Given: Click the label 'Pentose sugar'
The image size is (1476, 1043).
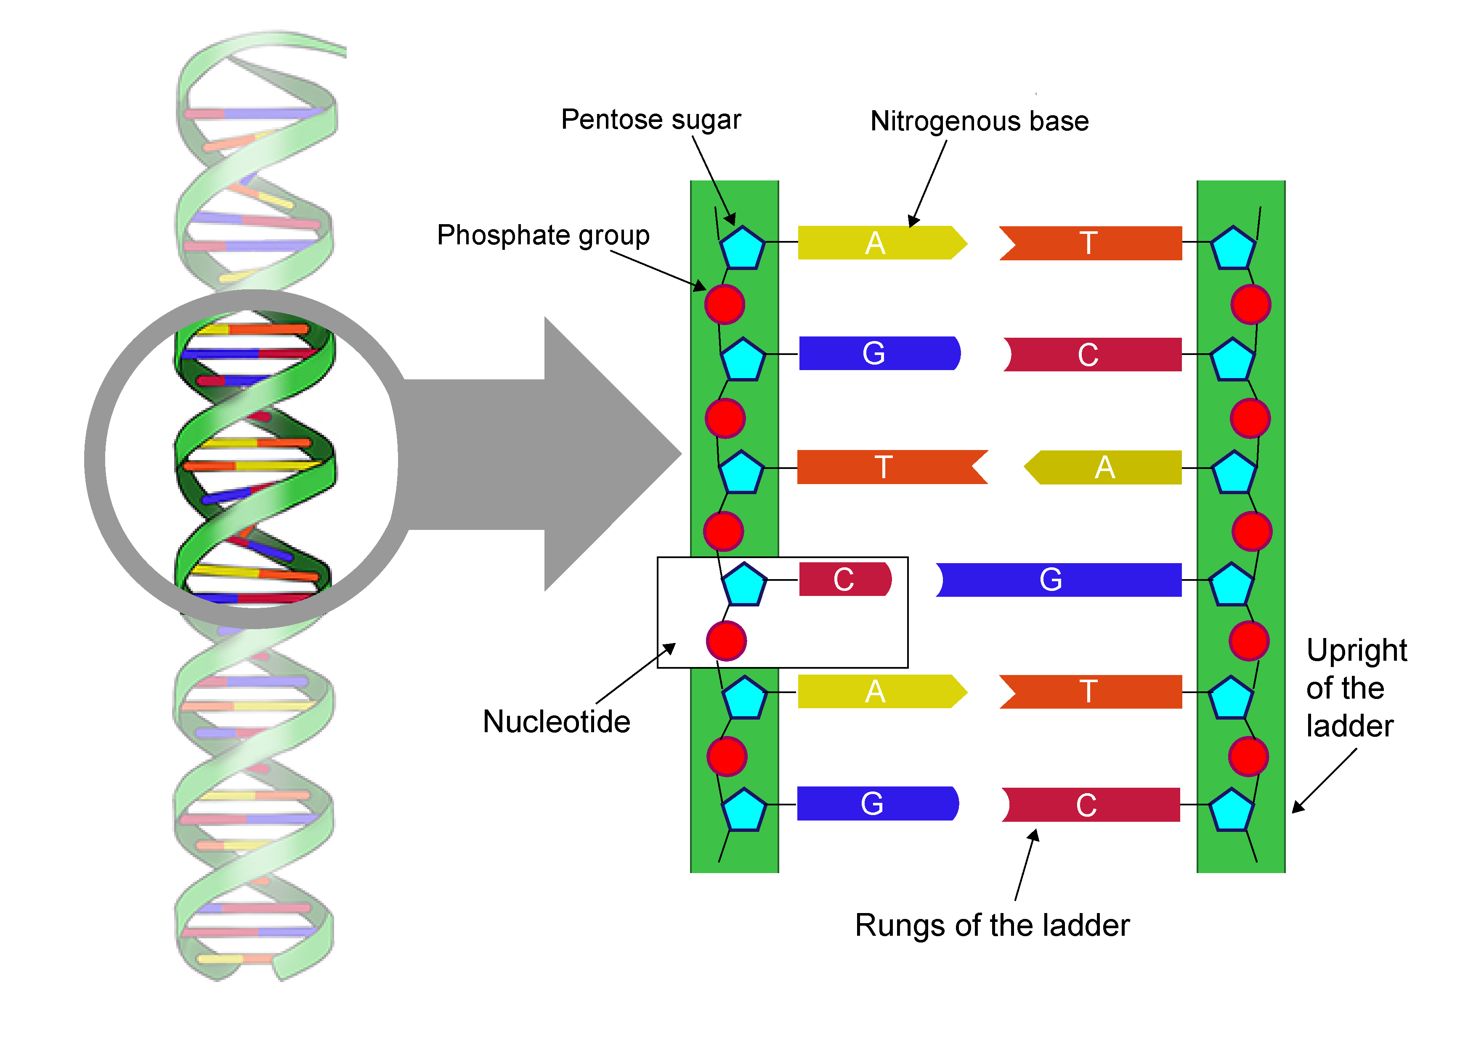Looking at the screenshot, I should click(x=650, y=120).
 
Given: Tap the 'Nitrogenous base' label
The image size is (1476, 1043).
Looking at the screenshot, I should click(x=979, y=122).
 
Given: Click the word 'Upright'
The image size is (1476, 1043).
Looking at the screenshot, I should click(x=1357, y=650).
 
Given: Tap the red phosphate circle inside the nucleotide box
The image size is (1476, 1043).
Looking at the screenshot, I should click(x=726, y=641).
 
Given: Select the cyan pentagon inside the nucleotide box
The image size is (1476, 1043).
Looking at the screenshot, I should click(x=744, y=585).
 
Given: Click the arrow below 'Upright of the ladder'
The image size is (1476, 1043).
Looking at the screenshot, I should click(x=1324, y=781).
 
